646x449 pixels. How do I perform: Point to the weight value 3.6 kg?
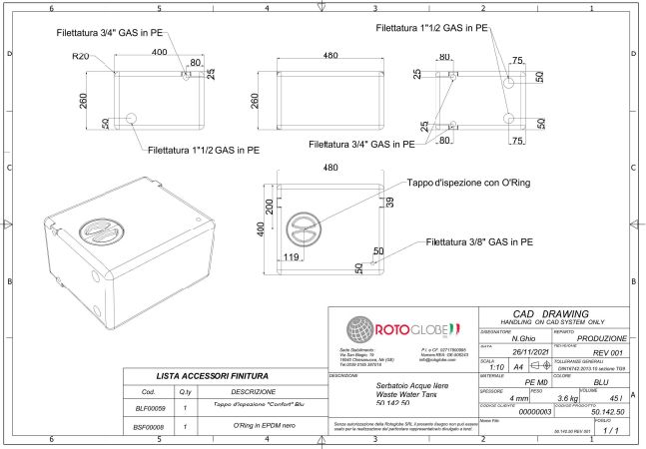click(x=567, y=396)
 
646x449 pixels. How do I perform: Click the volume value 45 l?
click(x=613, y=396)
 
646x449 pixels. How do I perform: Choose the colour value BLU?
click(x=600, y=381)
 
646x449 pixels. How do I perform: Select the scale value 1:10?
click(x=487, y=366)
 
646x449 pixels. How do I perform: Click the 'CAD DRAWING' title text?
click(x=554, y=313)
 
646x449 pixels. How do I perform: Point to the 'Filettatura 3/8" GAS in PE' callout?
click(x=478, y=241)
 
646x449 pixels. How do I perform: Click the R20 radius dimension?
click(x=82, y=56)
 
